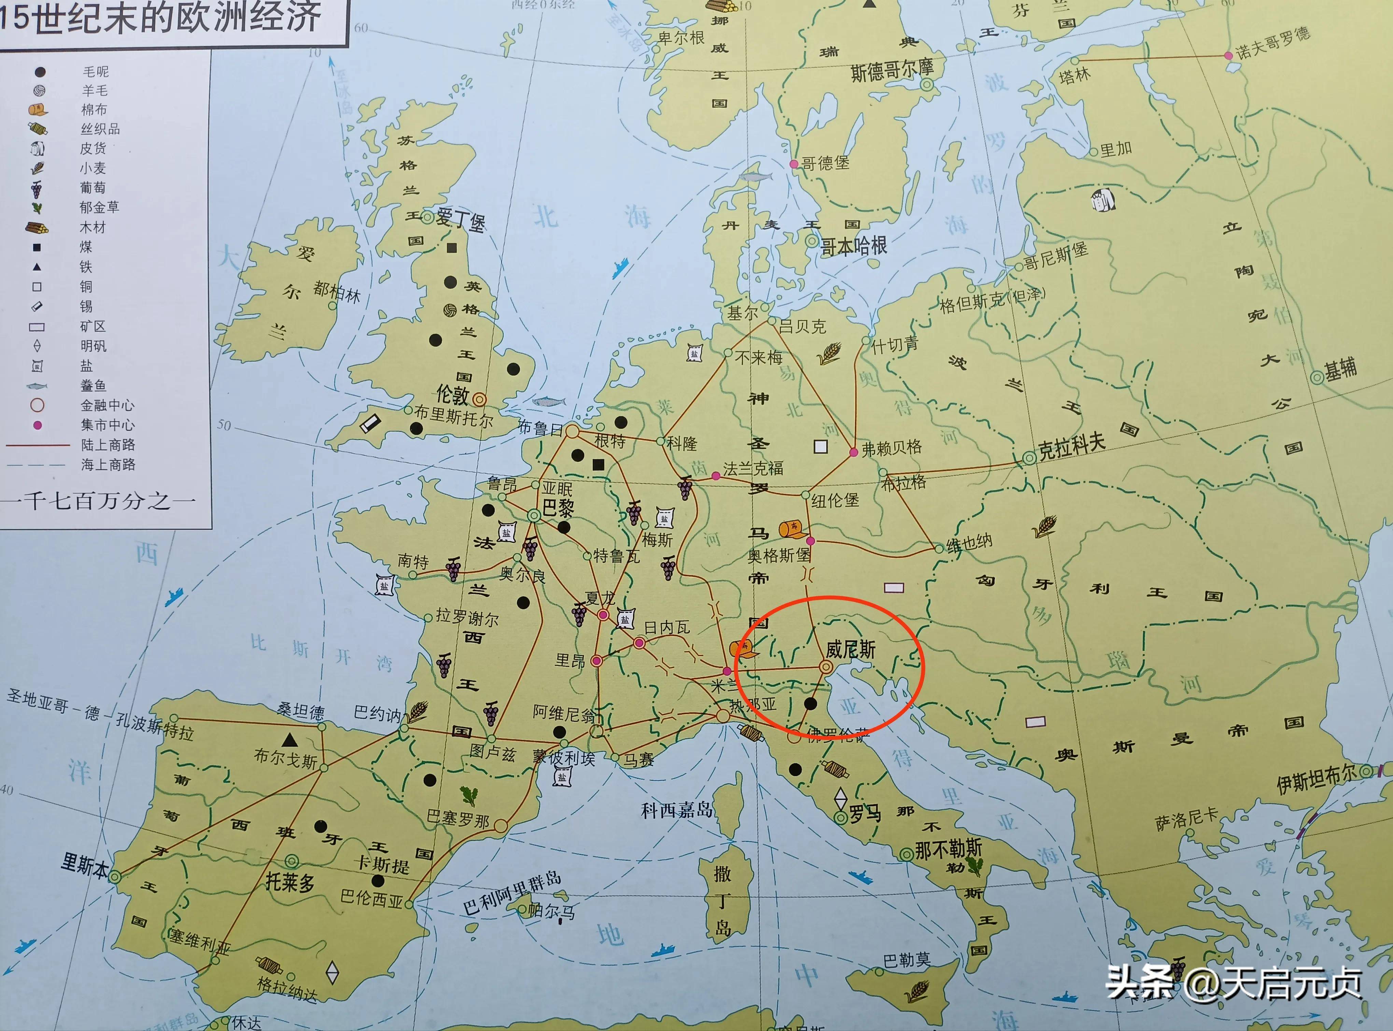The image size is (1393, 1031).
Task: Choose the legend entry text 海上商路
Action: tap(108, 464)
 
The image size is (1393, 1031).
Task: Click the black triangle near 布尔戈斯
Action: tap(289, 740)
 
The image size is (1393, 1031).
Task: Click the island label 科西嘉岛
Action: tap(677, 810)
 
